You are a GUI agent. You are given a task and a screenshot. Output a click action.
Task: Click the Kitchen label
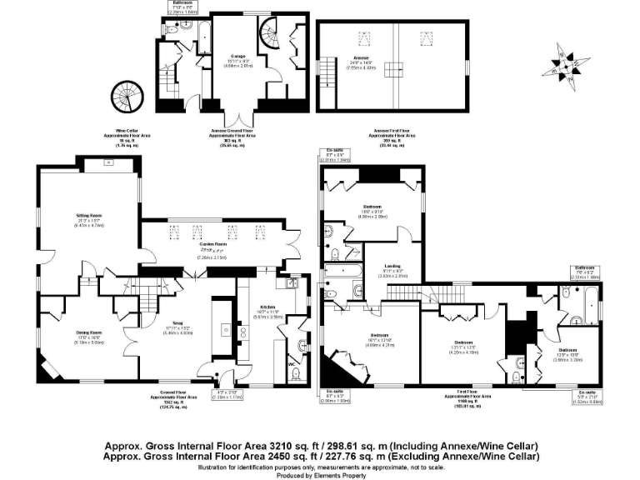tap(267, 307)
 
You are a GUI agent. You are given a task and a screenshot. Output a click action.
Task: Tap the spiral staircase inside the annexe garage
tap(270, 36)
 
